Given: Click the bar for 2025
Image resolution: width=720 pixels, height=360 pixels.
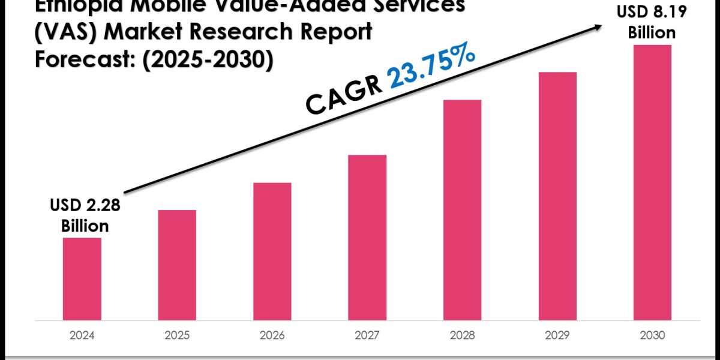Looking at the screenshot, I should pos(177,264).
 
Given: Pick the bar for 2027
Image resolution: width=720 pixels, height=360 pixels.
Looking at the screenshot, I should pos(367,236).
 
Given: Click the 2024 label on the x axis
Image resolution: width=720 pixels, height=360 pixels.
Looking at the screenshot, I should pos(82,335).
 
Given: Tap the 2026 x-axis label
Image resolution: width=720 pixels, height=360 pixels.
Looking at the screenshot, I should pos(272,335).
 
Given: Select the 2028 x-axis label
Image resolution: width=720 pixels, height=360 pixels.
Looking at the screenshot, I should pos(462,335).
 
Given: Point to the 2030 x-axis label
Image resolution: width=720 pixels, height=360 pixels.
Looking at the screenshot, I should pos(652,335).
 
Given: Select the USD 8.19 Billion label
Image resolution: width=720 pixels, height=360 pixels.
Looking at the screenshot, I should pos(652,22).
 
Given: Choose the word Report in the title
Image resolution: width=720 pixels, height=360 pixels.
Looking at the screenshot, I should pos(335,32).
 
